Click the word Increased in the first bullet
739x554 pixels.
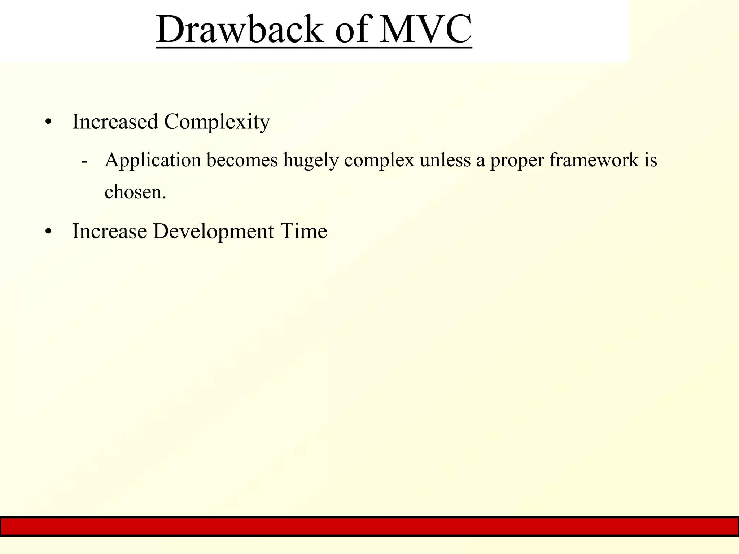115,122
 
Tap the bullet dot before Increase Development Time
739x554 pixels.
49,232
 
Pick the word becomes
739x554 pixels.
242,160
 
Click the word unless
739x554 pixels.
445,160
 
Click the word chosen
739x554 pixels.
135,192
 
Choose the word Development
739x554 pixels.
213,232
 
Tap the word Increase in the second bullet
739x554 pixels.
109,231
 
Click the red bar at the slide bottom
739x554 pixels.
369,526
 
